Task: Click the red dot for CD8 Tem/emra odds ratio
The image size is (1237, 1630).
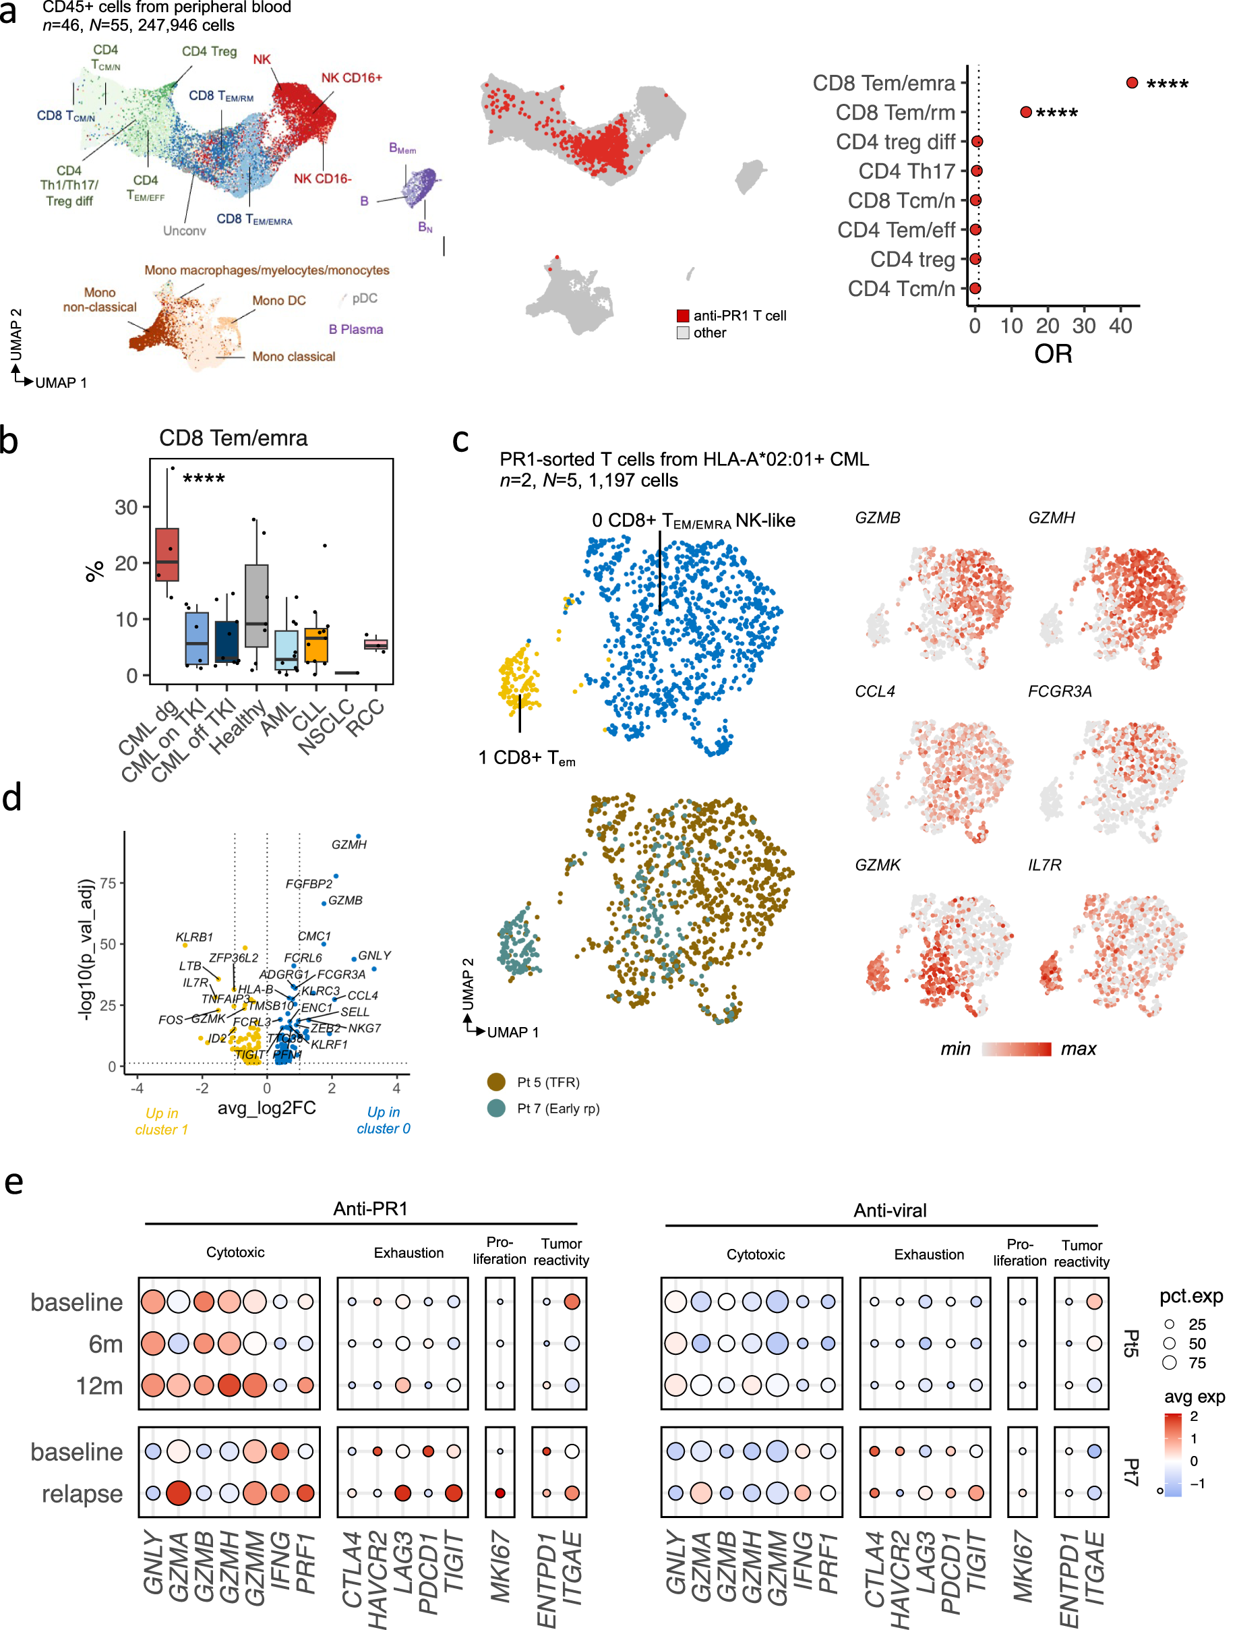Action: [x=1132, y=82]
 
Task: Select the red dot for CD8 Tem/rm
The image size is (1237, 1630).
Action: [x=1025, y=112]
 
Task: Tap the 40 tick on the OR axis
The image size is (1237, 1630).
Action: [x=1120, y=326]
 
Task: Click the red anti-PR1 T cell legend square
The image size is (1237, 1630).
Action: [x=683, y=316]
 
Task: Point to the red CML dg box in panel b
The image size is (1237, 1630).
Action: [x=167, y=554]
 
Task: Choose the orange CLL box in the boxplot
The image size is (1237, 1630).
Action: [x=316, y=645]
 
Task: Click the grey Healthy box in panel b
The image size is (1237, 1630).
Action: [x=256, y=606]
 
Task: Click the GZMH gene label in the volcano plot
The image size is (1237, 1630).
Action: [x=349, y=844]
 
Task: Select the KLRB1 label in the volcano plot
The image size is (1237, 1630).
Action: [x=193, y=937]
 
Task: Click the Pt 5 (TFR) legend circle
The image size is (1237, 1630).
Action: [x=497, y=1082]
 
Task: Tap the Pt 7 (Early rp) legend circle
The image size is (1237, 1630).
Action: [x=497, y=1108]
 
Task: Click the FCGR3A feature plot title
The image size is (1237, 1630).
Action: [x=1060, y=691]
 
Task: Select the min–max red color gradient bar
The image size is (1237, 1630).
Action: [x=1016, y=1049]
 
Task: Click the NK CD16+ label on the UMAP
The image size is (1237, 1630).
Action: [x=351, y=78]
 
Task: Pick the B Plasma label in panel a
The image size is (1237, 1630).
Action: [x=356, y=329]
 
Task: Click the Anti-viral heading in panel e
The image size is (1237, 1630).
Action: [x=889, y=1210]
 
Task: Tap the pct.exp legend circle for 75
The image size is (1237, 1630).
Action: [x=1169, y=1362]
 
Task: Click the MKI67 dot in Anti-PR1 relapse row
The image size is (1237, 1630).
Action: [x=500, y=1493]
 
